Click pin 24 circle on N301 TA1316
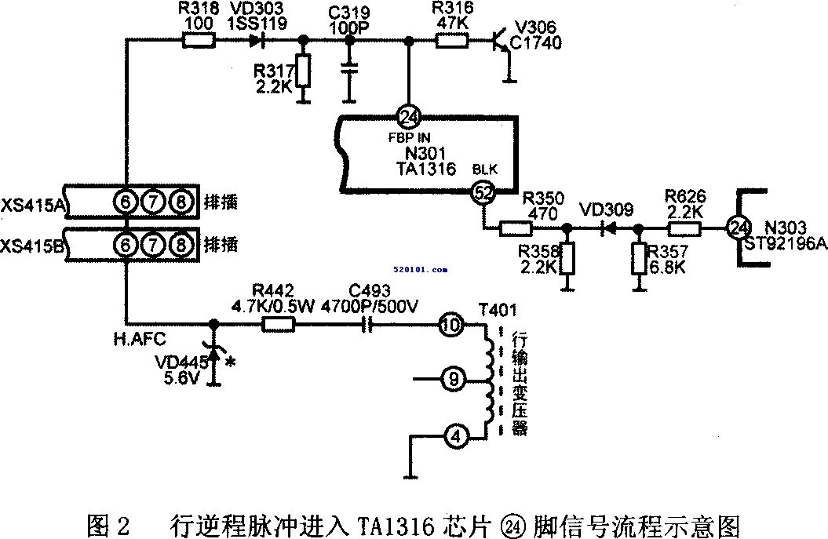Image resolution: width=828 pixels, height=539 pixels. [409, 118]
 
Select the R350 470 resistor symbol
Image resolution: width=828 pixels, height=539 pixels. [516, 229]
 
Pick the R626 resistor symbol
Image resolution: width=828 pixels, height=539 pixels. [684, 229]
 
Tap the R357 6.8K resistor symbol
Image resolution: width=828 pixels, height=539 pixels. [640, 258]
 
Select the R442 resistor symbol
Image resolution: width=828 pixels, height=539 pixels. [278, 323]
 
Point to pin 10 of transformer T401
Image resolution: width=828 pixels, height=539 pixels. [451, 323]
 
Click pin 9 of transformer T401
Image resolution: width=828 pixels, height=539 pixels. [451, 380]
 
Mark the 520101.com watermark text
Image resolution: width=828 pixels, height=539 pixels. [422, 269]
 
